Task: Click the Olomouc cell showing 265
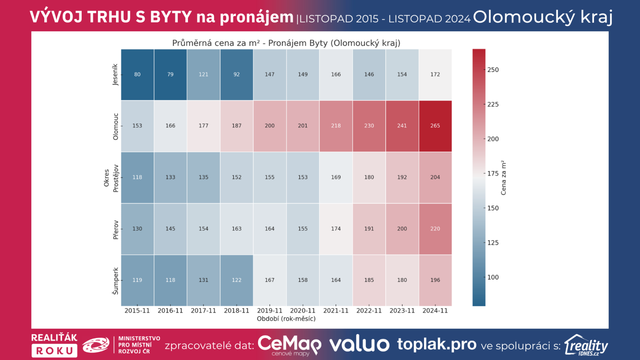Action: point(435,126)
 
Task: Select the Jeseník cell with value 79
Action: point(170,74)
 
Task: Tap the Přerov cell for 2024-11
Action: point(435,229)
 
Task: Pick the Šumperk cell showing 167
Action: point(270,280)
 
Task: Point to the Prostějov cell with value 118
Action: point(137,177)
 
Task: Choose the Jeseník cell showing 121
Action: point(204,74)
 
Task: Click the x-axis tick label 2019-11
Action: point(270,311)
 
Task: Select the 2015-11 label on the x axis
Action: point(137,311)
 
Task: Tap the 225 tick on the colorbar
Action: point(493,104)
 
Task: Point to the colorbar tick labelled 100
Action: point(493,277)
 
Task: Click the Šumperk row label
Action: point(116,281)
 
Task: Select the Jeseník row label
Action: point(116,74)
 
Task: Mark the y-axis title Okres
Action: point(106,178)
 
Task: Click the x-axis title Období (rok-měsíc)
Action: point(286,319)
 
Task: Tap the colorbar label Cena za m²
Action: point(504,178)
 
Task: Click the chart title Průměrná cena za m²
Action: point(286,43)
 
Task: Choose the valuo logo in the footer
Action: point(359,344)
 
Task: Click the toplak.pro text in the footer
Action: point(437,344)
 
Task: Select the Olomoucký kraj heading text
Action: point(543,17)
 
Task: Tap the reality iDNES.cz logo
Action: point(586,345)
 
